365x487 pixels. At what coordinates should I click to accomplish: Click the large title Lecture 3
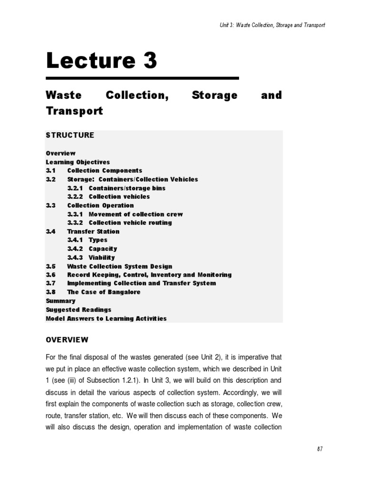coord(101,61)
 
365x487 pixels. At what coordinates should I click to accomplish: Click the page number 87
coord(320,449)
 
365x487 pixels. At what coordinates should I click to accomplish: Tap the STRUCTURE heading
coord(70,135)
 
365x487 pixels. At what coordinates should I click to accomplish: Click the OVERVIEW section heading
coord(67,340)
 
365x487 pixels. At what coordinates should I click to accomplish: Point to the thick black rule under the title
coord(142,78)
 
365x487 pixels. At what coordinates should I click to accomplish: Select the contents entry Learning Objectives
coord(77,162)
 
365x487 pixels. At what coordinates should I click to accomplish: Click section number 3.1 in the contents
coord(51,170)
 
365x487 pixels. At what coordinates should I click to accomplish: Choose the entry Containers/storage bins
coord(127,188)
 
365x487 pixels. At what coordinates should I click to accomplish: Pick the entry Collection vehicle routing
coord(130,223)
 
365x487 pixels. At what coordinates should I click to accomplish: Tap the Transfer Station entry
coord(93,231)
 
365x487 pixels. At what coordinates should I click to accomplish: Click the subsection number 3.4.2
coord(75,249)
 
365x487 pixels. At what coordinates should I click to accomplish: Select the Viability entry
coord(102,257)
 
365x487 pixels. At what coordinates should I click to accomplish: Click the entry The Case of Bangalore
coord(104,292)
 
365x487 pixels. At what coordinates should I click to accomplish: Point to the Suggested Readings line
coord(78,310)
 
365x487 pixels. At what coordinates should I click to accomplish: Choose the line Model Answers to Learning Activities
coord(106,319)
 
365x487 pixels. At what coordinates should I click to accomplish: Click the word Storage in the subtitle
coord(214,95)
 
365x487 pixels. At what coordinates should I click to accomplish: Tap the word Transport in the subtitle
coord(74,111)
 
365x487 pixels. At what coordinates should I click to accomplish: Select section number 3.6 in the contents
coord(51,275)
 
